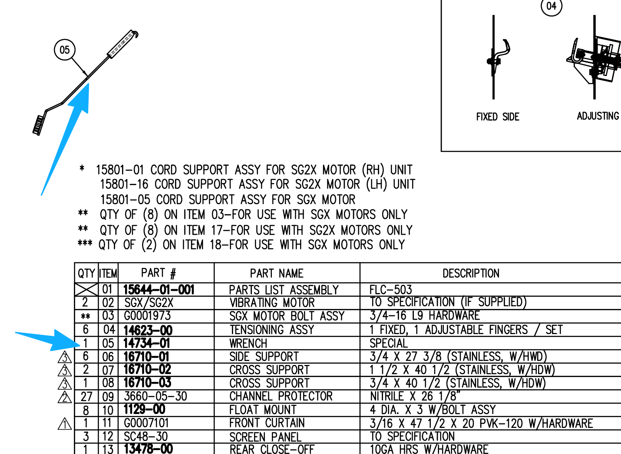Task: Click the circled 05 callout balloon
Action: click(x=65, y=50)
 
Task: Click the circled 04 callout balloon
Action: click(x=552, y=6)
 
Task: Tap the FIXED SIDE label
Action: click(x=498, y=117)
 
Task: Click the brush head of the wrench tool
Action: click(x=39, y=126)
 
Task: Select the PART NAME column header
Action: click(x=276, y=273)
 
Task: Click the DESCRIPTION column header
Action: click(x=471, y=273)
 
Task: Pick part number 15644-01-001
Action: click(x=159, y=290)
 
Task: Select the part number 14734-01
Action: click(x=146, y=343)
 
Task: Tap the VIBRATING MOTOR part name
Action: click(x=272, y=302)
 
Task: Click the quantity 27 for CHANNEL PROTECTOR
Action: click(x=86, y=397)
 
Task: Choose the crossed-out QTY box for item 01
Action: click(x=86, y=289)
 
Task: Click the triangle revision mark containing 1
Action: click(x=65, y=424)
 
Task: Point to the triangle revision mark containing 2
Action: click(x=65, y=397)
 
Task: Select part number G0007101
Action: click(x=146, y=423)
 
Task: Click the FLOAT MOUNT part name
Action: click(x=263, y=410)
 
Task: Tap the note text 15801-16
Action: click(x=124, y=184)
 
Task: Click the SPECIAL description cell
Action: click(x=389, y=344)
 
